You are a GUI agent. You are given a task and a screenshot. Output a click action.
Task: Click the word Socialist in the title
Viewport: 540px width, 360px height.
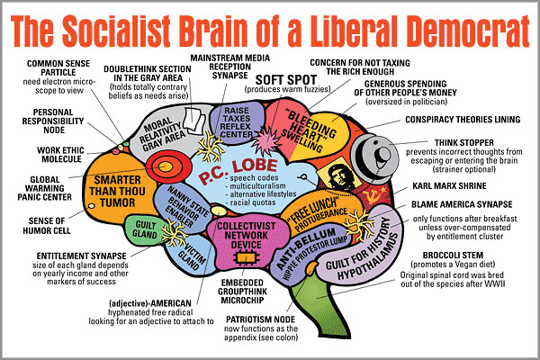click(116, 31)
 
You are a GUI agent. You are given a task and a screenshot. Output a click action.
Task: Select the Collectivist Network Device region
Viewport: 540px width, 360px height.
click(247, 241)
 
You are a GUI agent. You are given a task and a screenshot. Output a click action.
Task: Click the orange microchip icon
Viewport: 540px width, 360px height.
click(247, 258)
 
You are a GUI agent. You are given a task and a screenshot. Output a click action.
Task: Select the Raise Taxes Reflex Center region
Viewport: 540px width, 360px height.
click(237, 122)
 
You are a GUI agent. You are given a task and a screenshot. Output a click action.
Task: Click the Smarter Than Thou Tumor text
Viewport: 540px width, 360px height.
click(117, 191)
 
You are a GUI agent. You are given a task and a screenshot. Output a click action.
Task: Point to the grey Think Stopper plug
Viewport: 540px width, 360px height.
click(375, 158)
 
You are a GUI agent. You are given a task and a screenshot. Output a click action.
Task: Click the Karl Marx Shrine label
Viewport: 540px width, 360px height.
click(449, 186)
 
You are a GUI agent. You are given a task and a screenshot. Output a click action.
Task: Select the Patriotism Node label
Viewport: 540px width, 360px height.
click(261, 319)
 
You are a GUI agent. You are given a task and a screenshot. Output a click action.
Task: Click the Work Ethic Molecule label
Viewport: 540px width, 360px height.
click(60, 155)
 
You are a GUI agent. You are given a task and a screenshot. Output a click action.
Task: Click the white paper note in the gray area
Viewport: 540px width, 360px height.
click(193, 120)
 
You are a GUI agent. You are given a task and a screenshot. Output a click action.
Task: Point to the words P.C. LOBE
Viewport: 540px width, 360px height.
click(238, 170)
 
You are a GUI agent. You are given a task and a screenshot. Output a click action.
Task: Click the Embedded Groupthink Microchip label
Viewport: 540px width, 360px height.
click(242, 292)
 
